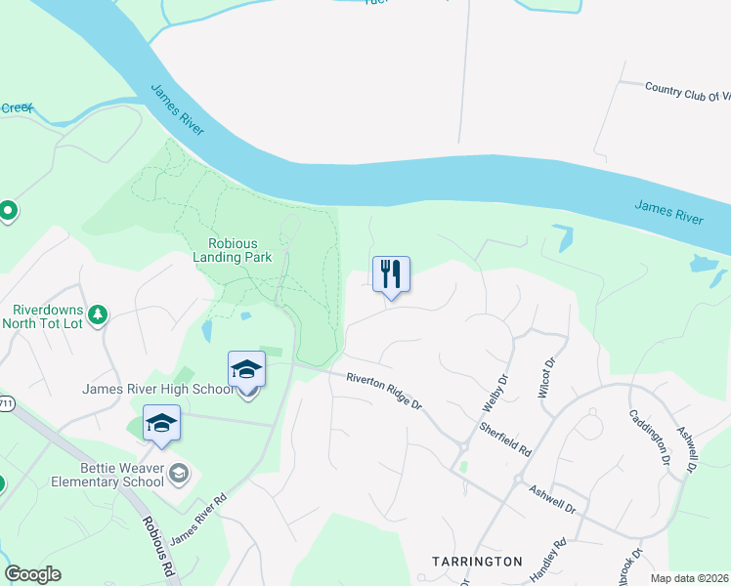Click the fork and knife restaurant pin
pos(391,274)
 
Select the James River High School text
pos(158,390)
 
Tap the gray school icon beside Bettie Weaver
pos(178,475)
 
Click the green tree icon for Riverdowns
pos(97,314)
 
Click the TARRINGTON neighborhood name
pos(477,562)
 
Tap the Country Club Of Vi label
pos(687,91)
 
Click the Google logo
pos(32,574)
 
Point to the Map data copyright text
pos(690,578)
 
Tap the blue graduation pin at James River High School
pos(246,370)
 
